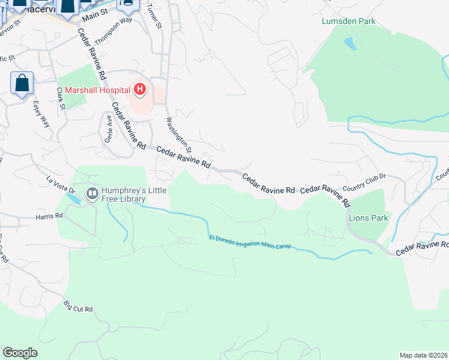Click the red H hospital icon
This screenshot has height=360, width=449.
[140, 90]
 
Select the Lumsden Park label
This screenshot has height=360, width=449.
[348, 21]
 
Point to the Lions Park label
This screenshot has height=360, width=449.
[369, 218]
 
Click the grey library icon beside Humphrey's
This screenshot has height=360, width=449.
[92, 193]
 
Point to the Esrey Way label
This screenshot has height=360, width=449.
[40, 114]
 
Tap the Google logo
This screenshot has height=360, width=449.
[20, 353]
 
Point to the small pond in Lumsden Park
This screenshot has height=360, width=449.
[349, 44]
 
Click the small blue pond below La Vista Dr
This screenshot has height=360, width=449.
[71, 197]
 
